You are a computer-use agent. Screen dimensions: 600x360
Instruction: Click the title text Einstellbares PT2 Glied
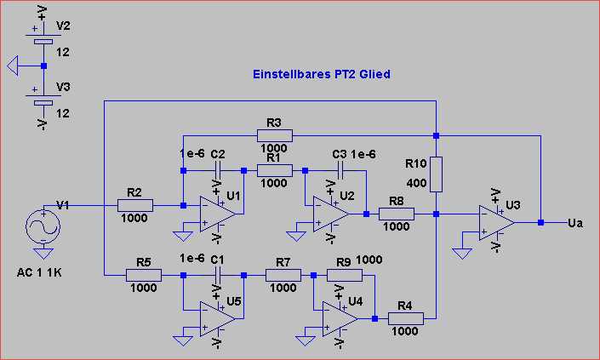[322, 74]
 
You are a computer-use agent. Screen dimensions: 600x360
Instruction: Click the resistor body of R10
[437, 174]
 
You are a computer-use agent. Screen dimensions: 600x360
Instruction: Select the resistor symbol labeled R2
[135, 205]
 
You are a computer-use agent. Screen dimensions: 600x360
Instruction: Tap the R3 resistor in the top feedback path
[275, 135]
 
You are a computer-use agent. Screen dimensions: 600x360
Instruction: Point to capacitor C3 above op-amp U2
[340, 170]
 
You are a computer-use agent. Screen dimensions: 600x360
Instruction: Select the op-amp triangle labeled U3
[496, 223]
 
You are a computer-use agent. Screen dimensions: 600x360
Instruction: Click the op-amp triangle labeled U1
[217, 214]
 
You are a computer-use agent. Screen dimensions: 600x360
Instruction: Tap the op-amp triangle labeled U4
[340, 318]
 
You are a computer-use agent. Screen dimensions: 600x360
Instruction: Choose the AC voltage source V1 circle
[43, 227]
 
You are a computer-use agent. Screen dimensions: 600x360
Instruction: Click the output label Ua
[575, 223]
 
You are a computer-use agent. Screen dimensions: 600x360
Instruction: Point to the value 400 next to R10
[417, 183]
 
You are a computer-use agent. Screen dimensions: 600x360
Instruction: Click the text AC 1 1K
[39, 273]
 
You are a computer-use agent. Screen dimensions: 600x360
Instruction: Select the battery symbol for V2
[43, 38]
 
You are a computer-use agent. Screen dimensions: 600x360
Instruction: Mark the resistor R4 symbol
[406, 318]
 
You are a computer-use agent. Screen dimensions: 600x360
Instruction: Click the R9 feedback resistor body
[345, 275]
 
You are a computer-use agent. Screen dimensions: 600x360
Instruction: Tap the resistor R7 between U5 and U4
[283, 275]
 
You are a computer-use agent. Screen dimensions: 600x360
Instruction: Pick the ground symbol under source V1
[43, 254]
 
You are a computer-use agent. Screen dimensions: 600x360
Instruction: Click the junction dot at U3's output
[540, 222]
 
